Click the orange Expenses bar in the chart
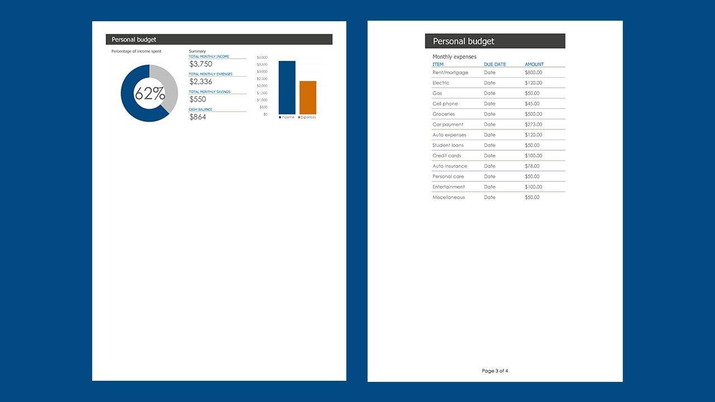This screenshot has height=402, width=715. pos(308,98)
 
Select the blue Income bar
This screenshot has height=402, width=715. pos(287,88)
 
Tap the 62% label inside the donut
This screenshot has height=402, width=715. pos(150,94)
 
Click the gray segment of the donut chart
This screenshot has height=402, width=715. pos(168,84)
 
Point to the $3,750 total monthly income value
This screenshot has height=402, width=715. pos(201,64)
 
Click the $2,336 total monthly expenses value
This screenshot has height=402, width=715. pos(201,82)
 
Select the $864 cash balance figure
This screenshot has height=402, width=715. pos(198,117)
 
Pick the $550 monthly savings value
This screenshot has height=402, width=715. pos(198,99)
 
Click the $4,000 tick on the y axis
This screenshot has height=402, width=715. pos(262,58)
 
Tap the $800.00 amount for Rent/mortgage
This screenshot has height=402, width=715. pos(533,73)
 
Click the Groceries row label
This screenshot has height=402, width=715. pos(444,114)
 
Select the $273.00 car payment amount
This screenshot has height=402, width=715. pos(533,125)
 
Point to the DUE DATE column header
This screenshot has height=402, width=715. pos(495,64)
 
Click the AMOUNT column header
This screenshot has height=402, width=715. pos(534,64)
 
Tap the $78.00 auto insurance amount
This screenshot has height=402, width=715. pos(532,166)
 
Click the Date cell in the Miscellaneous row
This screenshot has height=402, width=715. pos(490,197)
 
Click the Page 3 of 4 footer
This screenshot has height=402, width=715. pos(495,371)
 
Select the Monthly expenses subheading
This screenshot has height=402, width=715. pos(455,56)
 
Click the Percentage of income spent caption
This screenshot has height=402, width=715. pos(136,51)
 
